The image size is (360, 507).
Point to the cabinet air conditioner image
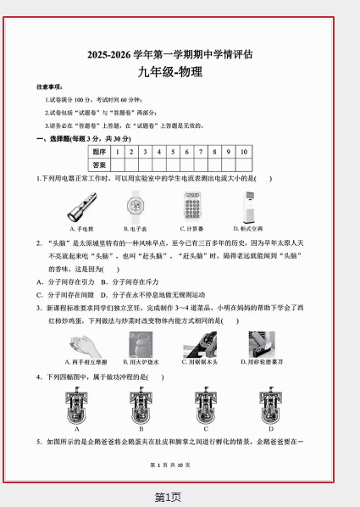(x=248, y=206)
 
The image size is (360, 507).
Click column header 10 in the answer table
(x=243, y=152)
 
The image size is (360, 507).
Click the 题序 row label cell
(x=99, y=152)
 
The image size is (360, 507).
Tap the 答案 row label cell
(x=99, y=164)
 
